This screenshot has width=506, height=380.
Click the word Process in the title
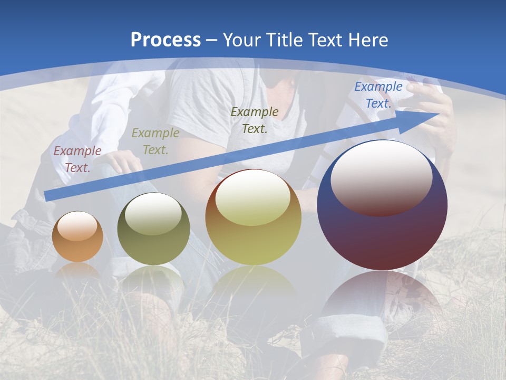pos(166,40)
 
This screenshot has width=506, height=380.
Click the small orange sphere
pos(77,237)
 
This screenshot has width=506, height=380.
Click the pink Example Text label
pos(77,159)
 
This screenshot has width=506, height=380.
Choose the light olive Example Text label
pos(155,141)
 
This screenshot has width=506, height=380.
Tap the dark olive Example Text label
pos(255,120)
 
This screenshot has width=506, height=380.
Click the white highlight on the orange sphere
pos(77,226)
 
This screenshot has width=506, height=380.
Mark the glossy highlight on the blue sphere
pos(382,177)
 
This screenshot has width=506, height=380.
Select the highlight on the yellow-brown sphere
pos(253,197)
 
